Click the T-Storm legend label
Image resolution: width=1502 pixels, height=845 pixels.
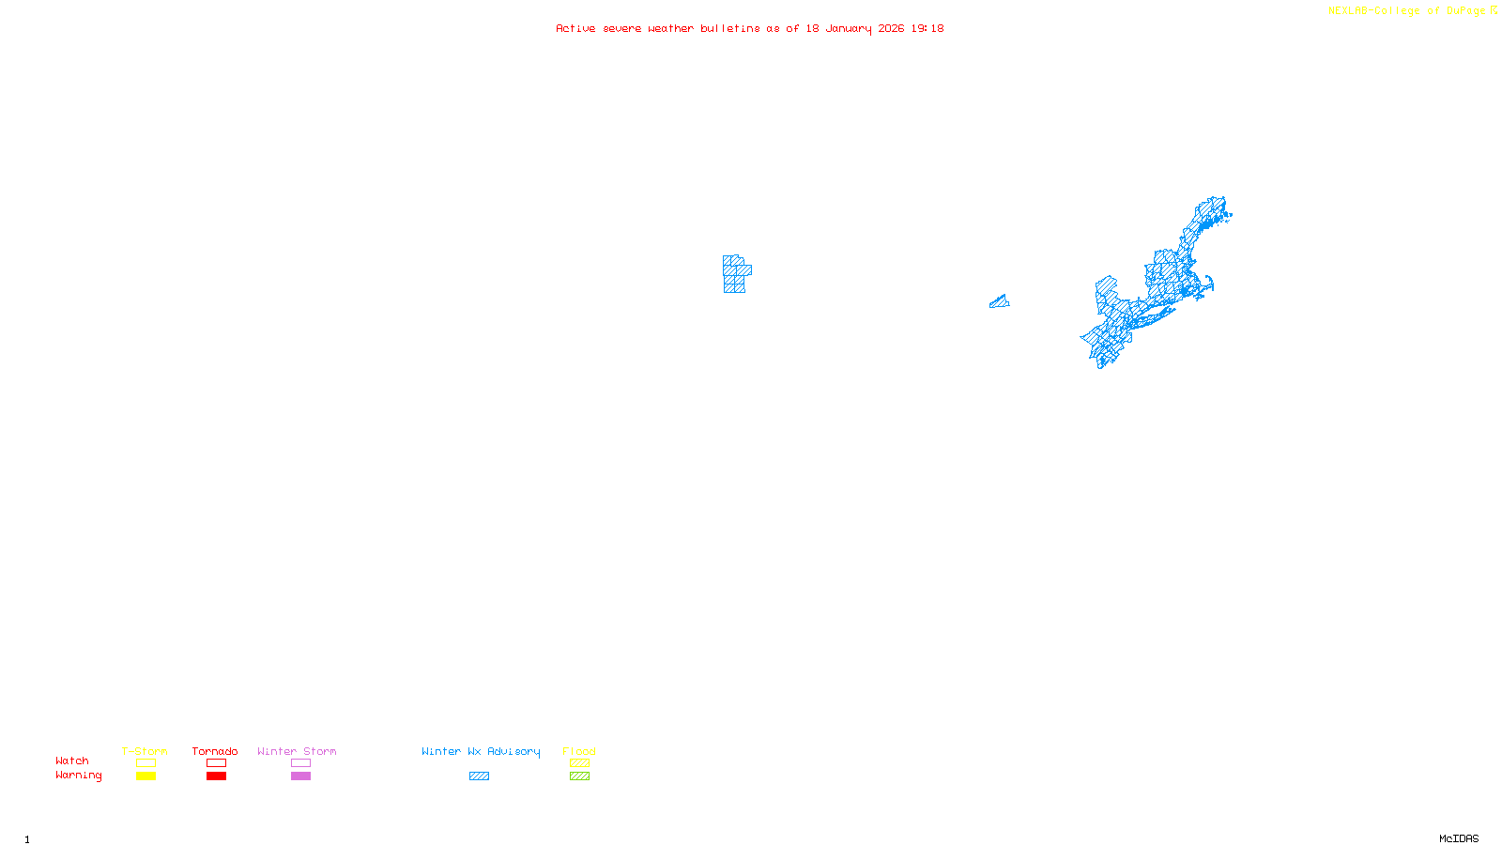point(145,751)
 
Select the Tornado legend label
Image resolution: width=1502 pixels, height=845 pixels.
point(215,751)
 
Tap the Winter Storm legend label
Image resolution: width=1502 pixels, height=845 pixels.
point(297,751)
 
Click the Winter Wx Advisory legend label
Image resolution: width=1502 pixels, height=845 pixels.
point(481,751)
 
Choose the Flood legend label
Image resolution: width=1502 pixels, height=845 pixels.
point(579,751)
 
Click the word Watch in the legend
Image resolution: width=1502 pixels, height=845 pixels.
point(72,760)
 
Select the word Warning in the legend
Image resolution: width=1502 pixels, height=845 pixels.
point(79,776)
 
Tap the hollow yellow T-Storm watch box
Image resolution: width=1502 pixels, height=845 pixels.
point(146,763)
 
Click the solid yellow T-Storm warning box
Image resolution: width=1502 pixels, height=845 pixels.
point(146,776)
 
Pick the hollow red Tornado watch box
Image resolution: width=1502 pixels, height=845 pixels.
point(216,763)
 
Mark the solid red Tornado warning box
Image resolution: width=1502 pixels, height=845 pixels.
point(216,776)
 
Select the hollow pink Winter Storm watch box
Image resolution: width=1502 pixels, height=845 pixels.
point(300,763)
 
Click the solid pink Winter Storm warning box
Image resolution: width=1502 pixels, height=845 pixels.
point(300,776)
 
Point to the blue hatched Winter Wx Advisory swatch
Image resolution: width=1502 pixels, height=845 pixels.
point(479,776)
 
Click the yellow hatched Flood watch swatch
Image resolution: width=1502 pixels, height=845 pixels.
point(579,763)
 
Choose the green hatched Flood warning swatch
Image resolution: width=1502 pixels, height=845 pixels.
point(579,776)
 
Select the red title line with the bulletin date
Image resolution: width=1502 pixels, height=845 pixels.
point(750,29)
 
